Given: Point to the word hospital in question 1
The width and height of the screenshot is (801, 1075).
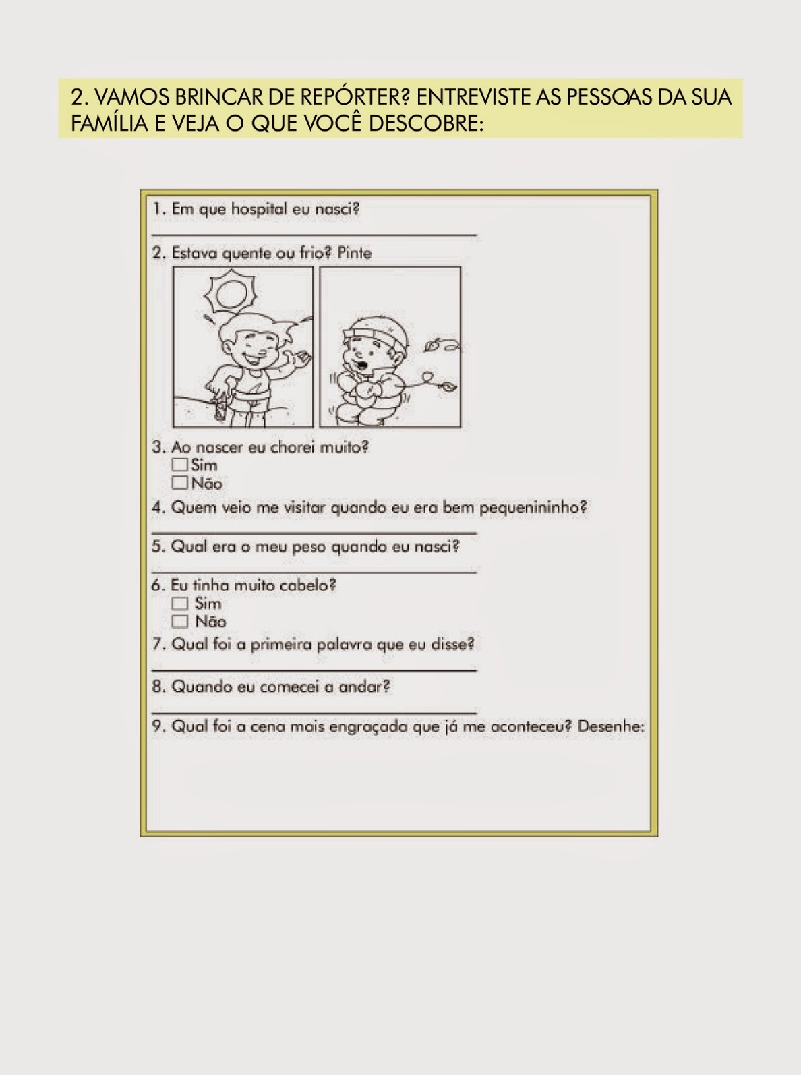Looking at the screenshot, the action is pos(259,209).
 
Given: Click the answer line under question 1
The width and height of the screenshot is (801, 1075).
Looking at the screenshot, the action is pos(314,235).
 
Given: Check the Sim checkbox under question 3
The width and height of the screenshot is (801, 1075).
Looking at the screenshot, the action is pos(180,464).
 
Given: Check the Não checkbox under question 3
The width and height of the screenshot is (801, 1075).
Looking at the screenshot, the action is pos(180,483).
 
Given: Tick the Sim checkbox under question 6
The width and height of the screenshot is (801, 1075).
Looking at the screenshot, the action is pos(180,603).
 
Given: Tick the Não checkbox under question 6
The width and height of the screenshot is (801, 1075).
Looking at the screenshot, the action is pos(180,622).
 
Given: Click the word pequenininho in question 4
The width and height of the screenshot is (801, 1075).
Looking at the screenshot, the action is pos(533,508).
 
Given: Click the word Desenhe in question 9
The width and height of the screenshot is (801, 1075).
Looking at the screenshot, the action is pos(611,726).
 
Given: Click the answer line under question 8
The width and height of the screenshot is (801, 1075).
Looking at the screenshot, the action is pos(314,711).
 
